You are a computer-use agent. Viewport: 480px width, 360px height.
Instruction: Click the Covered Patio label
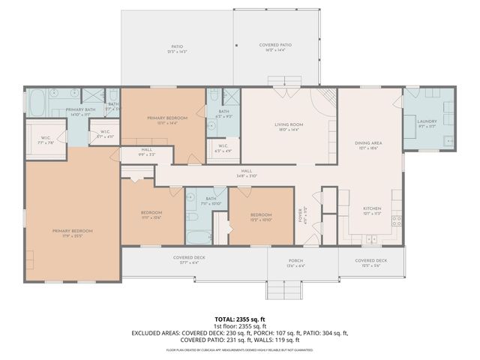point(275,45)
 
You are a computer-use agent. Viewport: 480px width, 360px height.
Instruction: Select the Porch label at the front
point(296,262)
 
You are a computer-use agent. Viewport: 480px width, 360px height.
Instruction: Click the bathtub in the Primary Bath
point(39,100)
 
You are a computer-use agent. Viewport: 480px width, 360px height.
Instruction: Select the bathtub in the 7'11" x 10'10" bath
point(198,238)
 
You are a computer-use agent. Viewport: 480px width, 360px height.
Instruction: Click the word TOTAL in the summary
point(225,319)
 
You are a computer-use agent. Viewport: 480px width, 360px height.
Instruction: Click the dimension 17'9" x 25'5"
point(72,235)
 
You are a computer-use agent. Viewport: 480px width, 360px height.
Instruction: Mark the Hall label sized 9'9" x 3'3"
point(146,153)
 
